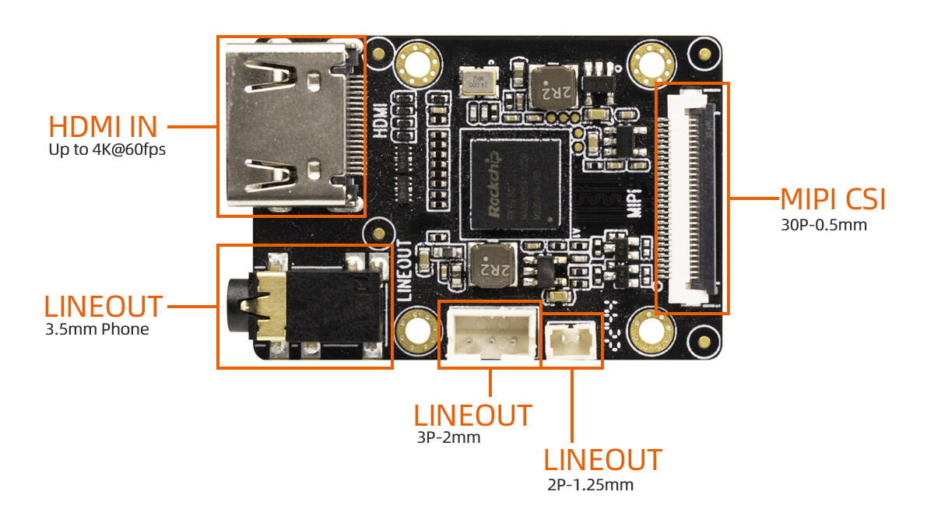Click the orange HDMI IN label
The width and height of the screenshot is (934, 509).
103,126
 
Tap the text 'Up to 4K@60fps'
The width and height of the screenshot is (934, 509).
107,149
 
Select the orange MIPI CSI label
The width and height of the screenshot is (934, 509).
833,200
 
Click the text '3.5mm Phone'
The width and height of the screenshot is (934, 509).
97,328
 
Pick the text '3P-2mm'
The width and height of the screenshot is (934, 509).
449,437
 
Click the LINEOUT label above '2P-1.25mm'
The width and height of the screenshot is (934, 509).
602,459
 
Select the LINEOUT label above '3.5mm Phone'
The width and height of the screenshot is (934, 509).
104,306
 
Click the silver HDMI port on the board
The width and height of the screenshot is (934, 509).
288,125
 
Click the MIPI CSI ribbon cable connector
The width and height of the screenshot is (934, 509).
690,198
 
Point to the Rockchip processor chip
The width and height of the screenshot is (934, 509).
511,184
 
